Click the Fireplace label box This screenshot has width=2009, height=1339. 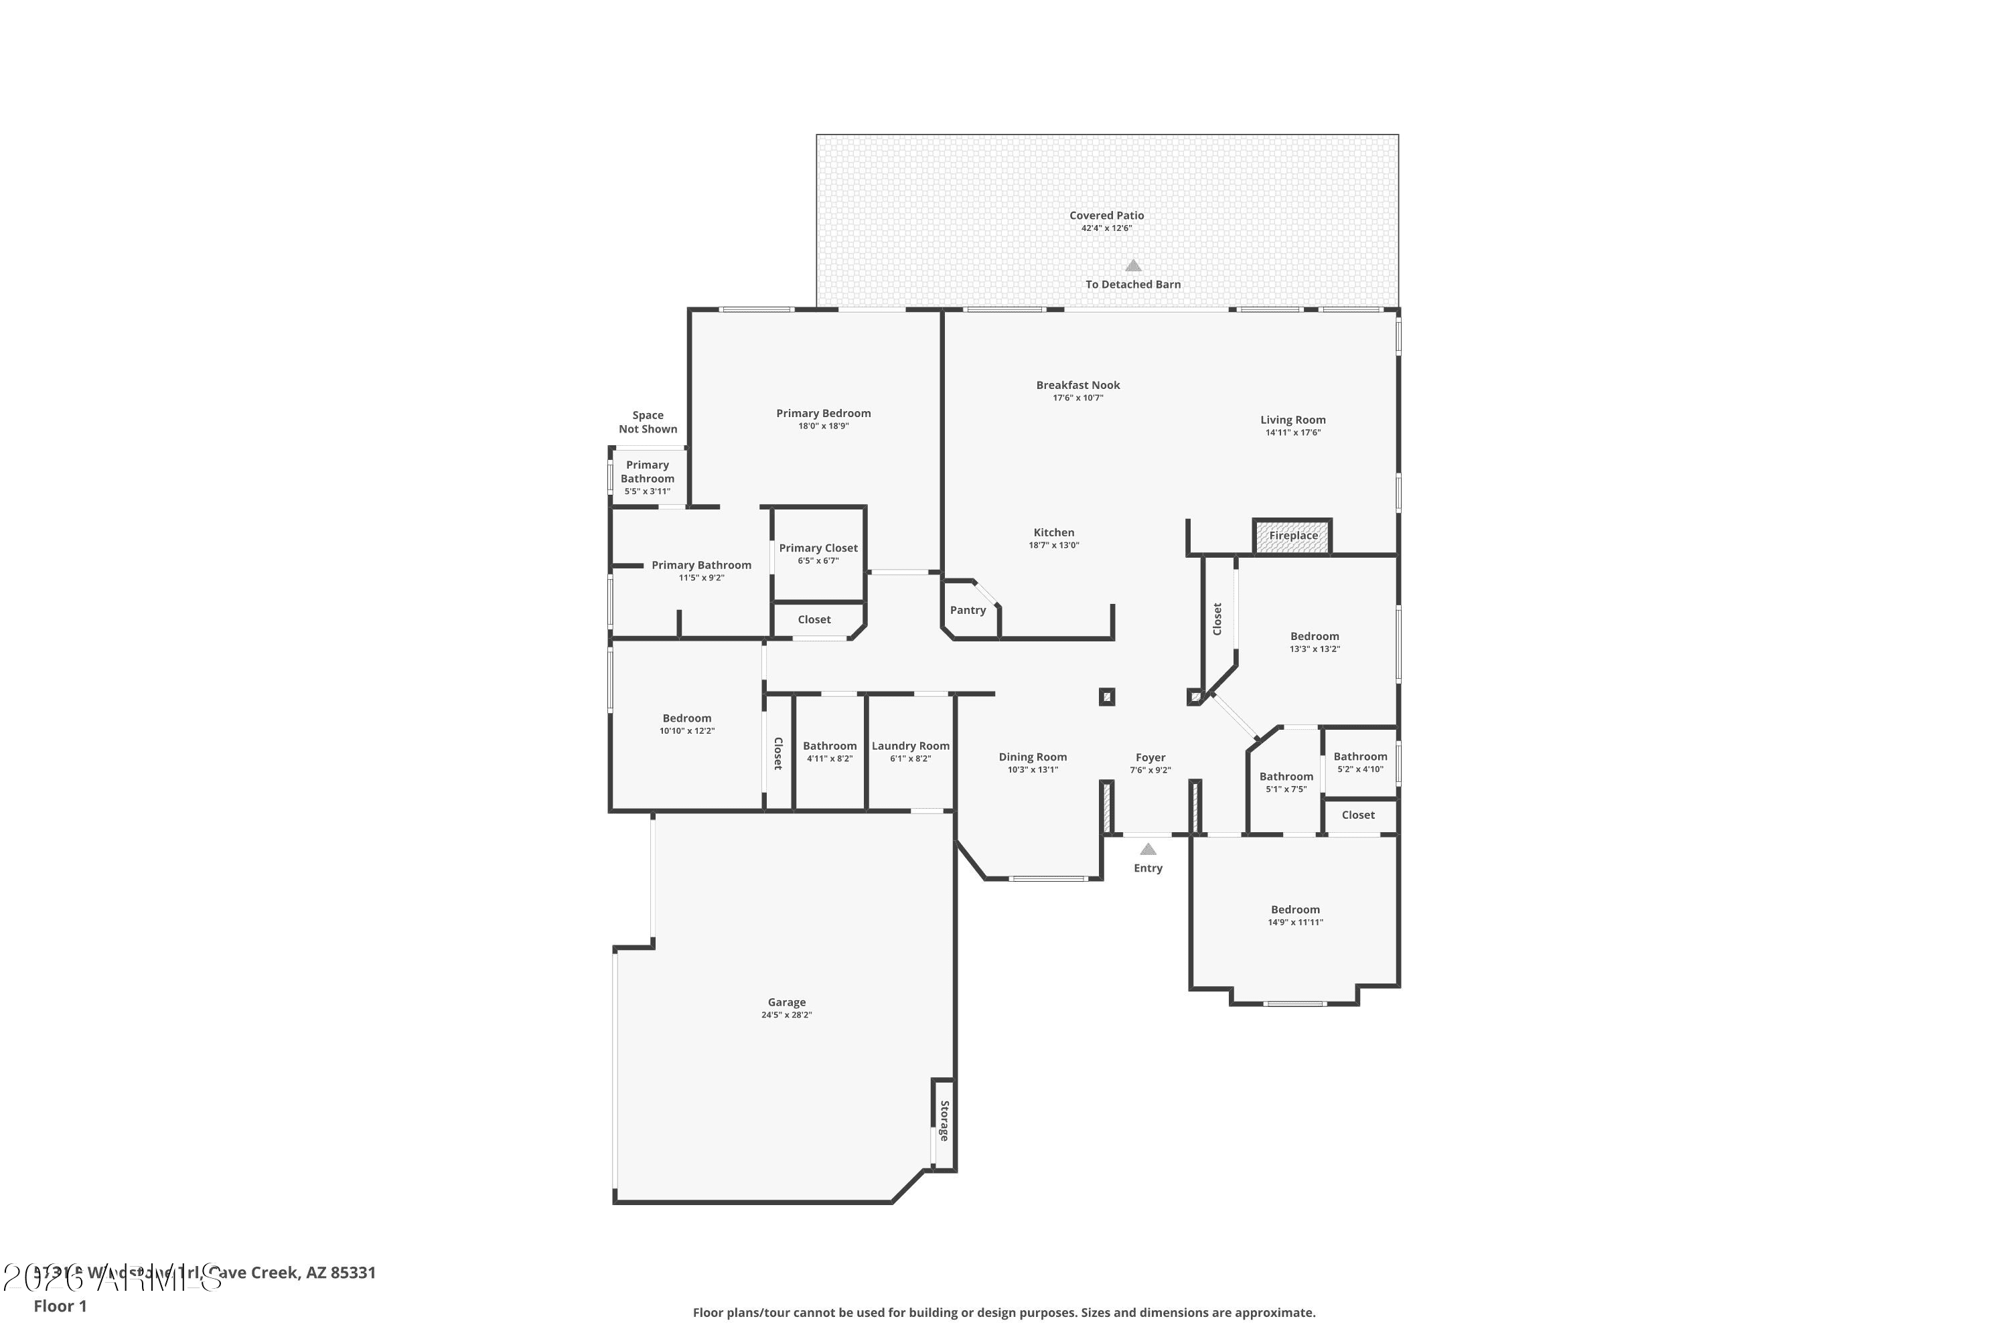[x=1292, y=536]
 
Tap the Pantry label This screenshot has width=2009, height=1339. [x=968, y=611]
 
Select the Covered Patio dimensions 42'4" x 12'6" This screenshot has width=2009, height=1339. [x=1106, y=229]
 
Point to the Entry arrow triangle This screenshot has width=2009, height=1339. [x=1148, y=850]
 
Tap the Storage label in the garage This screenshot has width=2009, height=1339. [x=944, y=1121]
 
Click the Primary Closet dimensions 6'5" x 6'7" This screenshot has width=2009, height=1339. [x=818, y=561]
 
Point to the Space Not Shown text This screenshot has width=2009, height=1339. [x=648, y=422]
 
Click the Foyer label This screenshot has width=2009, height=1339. [x=1150, y=757]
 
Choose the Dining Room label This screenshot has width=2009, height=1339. [x=1032, y=757]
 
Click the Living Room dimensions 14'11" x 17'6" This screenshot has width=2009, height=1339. [x=1292, y=433]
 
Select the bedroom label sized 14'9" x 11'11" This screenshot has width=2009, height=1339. [x=1295, y=909]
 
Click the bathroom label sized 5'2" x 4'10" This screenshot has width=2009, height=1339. [x=1360, y=757]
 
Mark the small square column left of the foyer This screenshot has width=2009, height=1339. [x=1106, y=697]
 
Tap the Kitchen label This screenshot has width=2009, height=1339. [x=1053, y=533]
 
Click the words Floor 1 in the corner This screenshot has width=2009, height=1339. [x=60, y=1306]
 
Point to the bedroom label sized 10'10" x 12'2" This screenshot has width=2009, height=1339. [x=687, y=718]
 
